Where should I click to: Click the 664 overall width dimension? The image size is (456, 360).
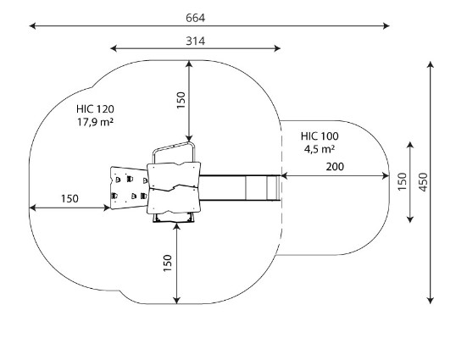[195, 18]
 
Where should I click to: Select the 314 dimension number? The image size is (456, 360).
[195, 42]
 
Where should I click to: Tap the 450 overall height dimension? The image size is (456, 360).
[424, 182]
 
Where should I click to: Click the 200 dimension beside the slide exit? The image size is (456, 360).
[335, 167]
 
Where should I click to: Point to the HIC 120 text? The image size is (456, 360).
[95, 109]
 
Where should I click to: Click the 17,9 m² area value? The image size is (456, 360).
[95, 122]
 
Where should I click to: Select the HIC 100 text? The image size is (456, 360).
[320, 136]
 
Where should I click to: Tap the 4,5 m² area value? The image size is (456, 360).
[320, 149]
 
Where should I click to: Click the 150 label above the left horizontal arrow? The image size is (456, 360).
[70, 199]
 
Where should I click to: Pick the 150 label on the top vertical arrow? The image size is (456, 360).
[181, 100]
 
